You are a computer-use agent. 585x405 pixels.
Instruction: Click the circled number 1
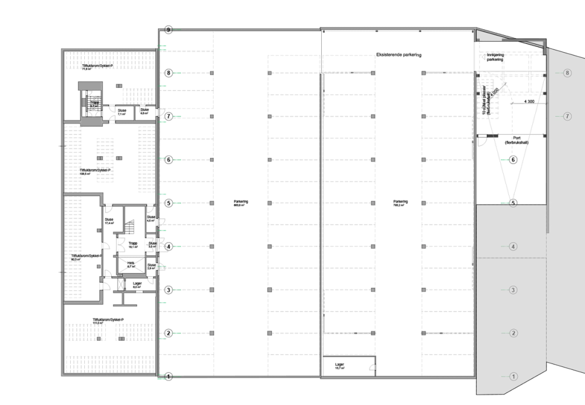tap(513, 376)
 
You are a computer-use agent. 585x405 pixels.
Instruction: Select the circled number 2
tap(513, 333)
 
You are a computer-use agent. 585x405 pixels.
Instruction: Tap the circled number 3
tap(513, 290)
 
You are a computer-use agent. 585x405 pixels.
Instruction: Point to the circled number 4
tap(513, 246)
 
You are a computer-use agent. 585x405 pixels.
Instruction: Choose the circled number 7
tap(567, 116)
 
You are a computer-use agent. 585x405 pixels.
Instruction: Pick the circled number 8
tap(567, 73)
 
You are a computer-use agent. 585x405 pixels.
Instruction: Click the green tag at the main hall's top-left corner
tap(164, 47)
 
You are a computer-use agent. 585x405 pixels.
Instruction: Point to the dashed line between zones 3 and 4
tap(512, 258)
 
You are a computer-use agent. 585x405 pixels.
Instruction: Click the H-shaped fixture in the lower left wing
tap(124, 298)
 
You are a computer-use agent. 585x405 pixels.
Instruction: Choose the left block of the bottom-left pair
tap(87, 333)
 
